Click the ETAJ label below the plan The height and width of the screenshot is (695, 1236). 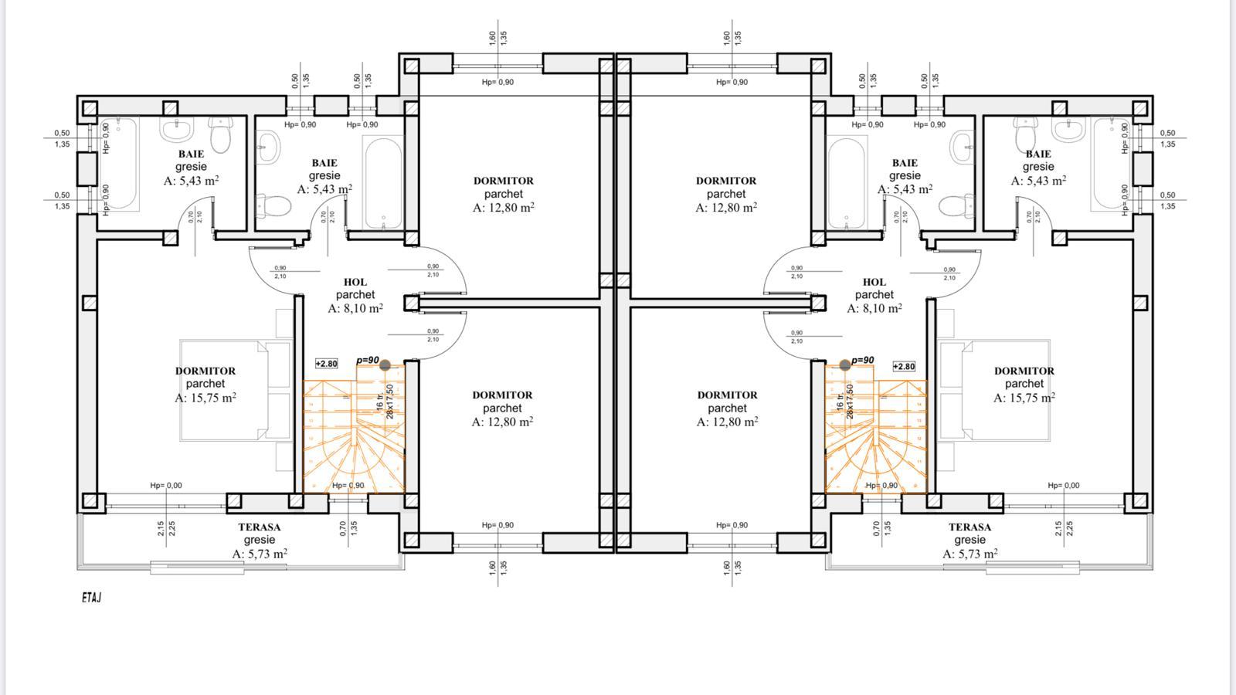(91, 598)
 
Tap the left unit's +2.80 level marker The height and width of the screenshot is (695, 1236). (327, 364)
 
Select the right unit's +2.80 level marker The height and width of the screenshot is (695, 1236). (904, 367)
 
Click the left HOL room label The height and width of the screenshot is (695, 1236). (355, 295)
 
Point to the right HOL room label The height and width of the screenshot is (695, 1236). (874, 295)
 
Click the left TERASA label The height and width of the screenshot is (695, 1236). (260, 540)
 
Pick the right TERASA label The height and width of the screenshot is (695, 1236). (969, 540)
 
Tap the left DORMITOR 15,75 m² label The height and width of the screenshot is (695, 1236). (205, 384)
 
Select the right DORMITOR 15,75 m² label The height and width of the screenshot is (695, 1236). (1024, 384)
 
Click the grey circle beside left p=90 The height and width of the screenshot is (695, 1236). (385, 365)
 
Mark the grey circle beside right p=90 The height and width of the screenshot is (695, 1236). (845, 364)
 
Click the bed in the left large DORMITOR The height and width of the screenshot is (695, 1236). (224, 390)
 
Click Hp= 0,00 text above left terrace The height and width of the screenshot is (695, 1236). (166, 486)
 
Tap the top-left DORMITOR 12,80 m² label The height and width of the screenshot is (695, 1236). (504, 194)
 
